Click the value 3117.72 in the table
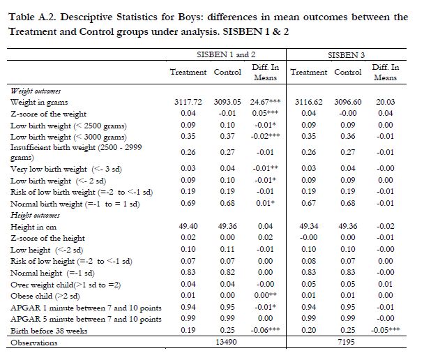coord(187,101)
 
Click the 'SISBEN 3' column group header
coord(346,54)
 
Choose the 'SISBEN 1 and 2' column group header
coord(225,54)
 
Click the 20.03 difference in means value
coord(386,101)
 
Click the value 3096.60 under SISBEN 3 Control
coord(348,101)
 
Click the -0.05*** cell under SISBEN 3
coord(386,331)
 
